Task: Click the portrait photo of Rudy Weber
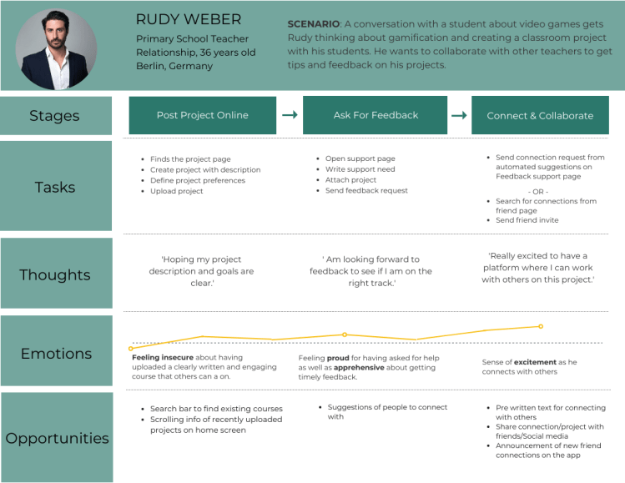[56, 49]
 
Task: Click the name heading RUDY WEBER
[189, 19]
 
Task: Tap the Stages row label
[55, 116]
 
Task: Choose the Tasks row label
[55, 187]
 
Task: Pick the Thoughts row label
[55, 274]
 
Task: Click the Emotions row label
[55, 353]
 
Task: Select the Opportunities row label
[57, 438]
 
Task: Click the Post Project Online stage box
[202, 115]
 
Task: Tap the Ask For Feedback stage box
[376, 115]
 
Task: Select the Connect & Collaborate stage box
[540, 116]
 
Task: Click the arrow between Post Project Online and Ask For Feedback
[290, 115]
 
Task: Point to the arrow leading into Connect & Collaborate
[459, 115]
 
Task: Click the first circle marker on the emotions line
[130, 349]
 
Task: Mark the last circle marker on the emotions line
[541, 326]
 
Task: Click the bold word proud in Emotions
[337, 358]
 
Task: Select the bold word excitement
[535, 362]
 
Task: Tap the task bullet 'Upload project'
[176, 191]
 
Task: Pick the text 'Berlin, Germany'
[174, 67]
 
